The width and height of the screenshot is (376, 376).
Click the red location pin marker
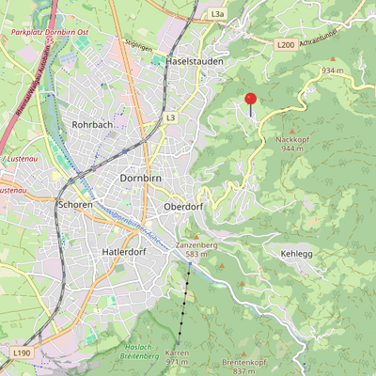(x=251, y=100)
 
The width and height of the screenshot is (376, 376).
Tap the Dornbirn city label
(x=144, y=178)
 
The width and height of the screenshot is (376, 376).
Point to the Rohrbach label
(x=93, y=125)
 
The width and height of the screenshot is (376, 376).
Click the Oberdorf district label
(x=183, y=207)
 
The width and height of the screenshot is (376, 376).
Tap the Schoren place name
(x=75, y=204)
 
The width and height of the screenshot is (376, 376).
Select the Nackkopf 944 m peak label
(x=292, y=143)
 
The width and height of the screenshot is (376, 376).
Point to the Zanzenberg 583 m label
(x=196, y=249)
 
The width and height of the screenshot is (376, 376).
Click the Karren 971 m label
(x=178, y=357)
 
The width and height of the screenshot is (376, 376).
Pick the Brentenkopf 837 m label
(x=246, y=367)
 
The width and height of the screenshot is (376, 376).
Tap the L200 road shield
(x=286, y=44)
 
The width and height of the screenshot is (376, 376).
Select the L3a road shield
(x=217, y=15)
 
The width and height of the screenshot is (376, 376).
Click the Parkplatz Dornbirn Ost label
(x=48, y=32)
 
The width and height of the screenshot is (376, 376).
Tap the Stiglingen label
(x=138, y=44)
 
